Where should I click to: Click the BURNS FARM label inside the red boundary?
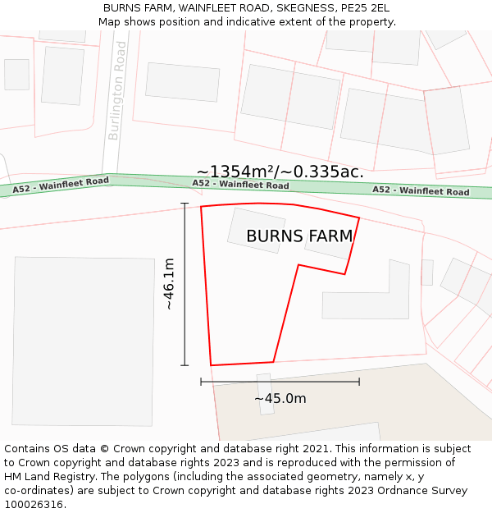coord(299,236)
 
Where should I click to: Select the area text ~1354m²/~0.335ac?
coord(280,172)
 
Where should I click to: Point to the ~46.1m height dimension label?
coord(169,284)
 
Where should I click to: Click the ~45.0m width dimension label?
coord(280,399)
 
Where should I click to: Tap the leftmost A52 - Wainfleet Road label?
coord(61,186)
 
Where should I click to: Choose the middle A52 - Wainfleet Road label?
coord(240,184)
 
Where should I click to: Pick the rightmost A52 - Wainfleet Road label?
coord(421,190)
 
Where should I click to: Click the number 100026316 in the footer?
coord(35,505)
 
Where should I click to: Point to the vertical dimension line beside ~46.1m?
coord(184,284)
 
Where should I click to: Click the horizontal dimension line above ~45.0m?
coord(280,382)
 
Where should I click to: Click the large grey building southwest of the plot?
coord(84,341)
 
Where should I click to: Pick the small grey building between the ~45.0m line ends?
coord(265,394)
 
